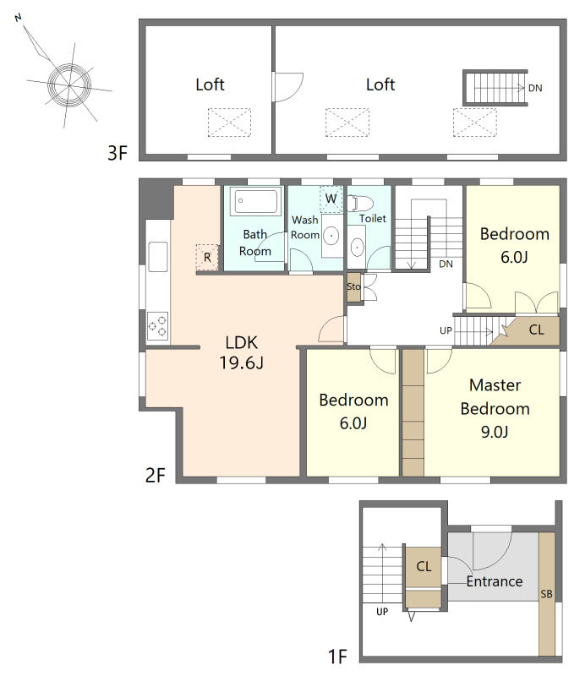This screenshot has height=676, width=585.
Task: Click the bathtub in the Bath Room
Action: [255, 201]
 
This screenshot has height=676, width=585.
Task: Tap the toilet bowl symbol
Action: [360, 203]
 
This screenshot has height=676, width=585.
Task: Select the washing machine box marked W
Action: [331, 199]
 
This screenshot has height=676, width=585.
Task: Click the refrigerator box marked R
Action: [207, 258]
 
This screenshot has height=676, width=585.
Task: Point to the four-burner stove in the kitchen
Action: [157, 326]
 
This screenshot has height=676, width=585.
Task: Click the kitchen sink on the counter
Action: [158, 257]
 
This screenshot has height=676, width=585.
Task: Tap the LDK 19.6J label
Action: [242, 352]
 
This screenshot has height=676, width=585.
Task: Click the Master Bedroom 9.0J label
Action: [495, 408]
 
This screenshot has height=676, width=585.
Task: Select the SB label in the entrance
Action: [546, 594]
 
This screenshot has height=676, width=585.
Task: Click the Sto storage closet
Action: [353, 286]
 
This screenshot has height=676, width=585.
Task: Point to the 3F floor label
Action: [118, 153]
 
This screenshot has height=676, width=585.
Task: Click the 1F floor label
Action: [338, 657]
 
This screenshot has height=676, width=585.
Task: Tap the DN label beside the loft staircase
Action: [535, 88]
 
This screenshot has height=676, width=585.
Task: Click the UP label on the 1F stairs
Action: [382, 612]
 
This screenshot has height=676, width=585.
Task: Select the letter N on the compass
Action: [18, 18]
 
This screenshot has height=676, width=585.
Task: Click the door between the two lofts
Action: [288, 88]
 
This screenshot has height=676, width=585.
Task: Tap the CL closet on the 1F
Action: [424, 566]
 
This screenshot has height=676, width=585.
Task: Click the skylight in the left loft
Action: [229, 123]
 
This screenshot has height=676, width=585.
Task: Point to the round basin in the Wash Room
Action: [331, 236]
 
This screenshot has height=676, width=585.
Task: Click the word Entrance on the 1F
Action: [495, 581]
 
